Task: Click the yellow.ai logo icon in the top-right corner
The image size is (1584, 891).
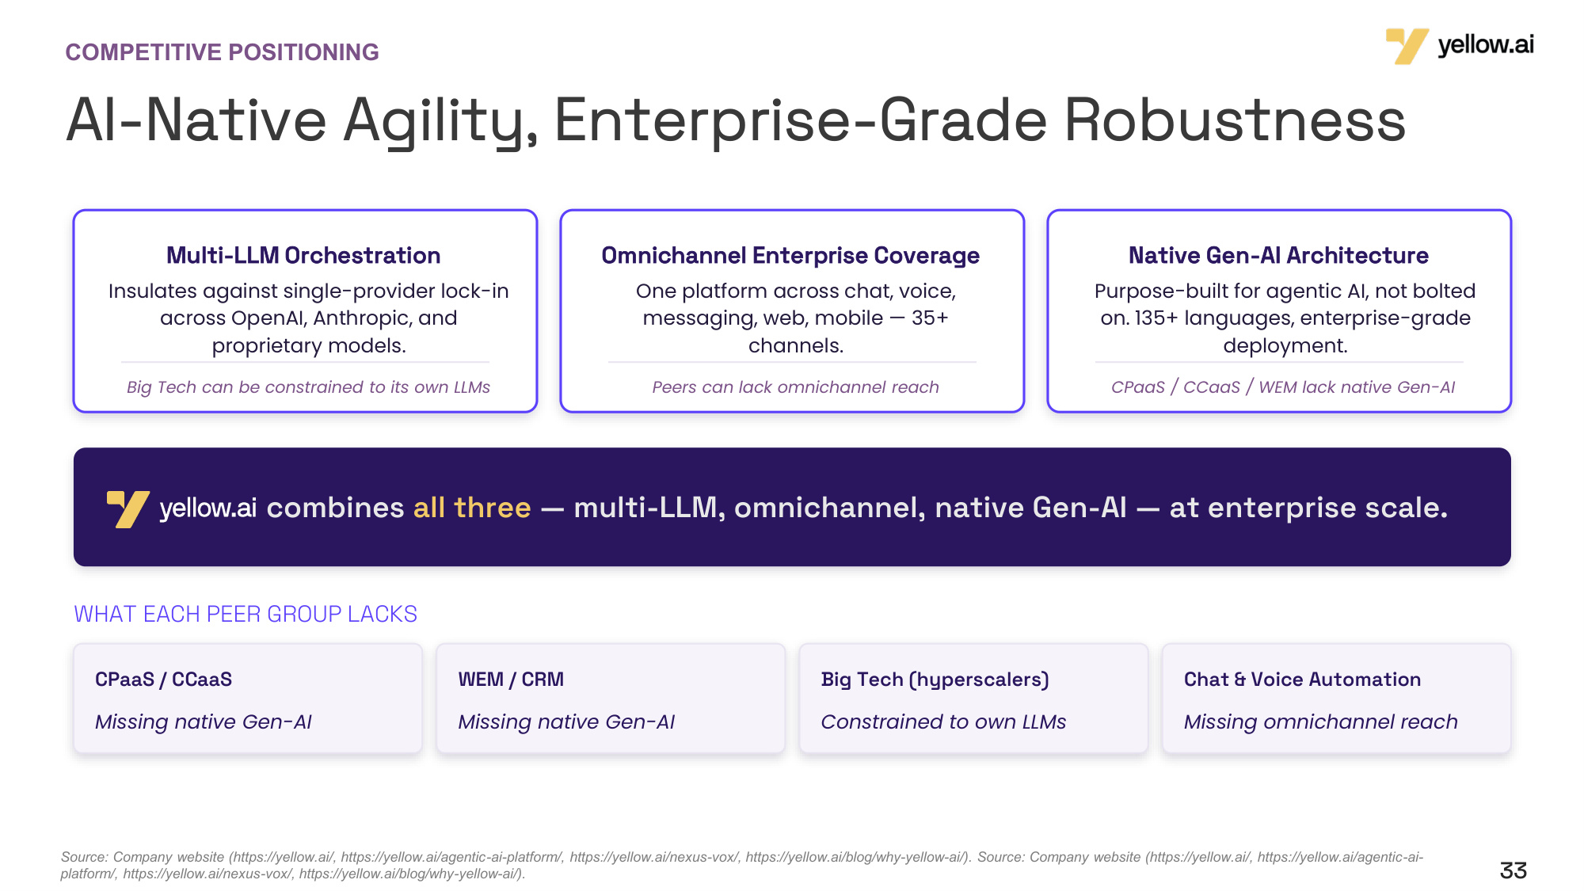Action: point(1407,46)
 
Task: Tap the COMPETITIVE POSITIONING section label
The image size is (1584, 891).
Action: point(222,52)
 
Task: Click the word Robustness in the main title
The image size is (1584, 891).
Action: point(1235,120)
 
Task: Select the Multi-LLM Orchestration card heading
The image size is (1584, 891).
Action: point(303,255)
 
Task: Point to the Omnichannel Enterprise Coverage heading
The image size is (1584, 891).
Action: point(790,255)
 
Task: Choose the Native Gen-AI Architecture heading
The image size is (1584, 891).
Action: point(1278,255)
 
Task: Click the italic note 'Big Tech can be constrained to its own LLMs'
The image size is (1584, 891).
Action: point(308,386)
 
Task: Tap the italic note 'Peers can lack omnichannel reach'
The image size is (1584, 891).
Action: point(795,386)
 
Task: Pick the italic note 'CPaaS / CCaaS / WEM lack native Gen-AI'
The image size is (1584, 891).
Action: point(1283,386)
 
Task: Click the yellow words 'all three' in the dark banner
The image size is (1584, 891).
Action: point(472,508)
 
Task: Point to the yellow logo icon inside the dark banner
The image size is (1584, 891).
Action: point(128,509)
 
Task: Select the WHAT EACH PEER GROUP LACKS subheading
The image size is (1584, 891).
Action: point(246,614)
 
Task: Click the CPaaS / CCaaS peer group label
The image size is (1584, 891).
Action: point(163,680)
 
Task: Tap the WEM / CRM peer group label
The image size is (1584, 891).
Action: point(511,680)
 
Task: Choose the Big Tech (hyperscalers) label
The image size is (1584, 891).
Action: point(935,680)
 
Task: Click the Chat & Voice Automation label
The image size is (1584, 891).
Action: point(1302,680)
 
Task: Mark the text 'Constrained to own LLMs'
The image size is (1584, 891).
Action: point(943,722)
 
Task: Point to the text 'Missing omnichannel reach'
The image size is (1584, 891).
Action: point(1320,722)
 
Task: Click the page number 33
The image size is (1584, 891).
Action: point(1513,870)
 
